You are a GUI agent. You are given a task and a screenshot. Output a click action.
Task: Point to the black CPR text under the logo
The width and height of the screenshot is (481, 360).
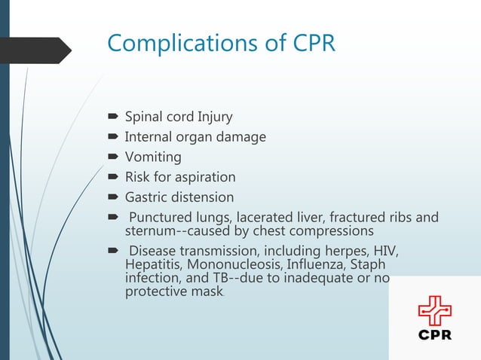pyautogui.click(x=435, y=335)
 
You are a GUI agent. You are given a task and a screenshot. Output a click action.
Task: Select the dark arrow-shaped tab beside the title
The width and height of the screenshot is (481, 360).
pyautogui.click(x=38, y=50)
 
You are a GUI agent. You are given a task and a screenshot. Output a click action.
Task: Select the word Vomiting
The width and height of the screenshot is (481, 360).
pyautogui.click(x=153, y=157)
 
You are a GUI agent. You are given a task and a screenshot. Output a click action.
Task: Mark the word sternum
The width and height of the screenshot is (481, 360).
pyautogui.click(x=151, y=230)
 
